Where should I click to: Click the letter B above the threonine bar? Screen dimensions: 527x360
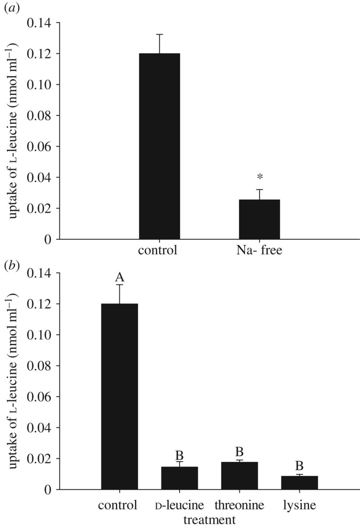point(239,452)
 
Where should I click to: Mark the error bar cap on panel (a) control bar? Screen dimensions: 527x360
point(159,34)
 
